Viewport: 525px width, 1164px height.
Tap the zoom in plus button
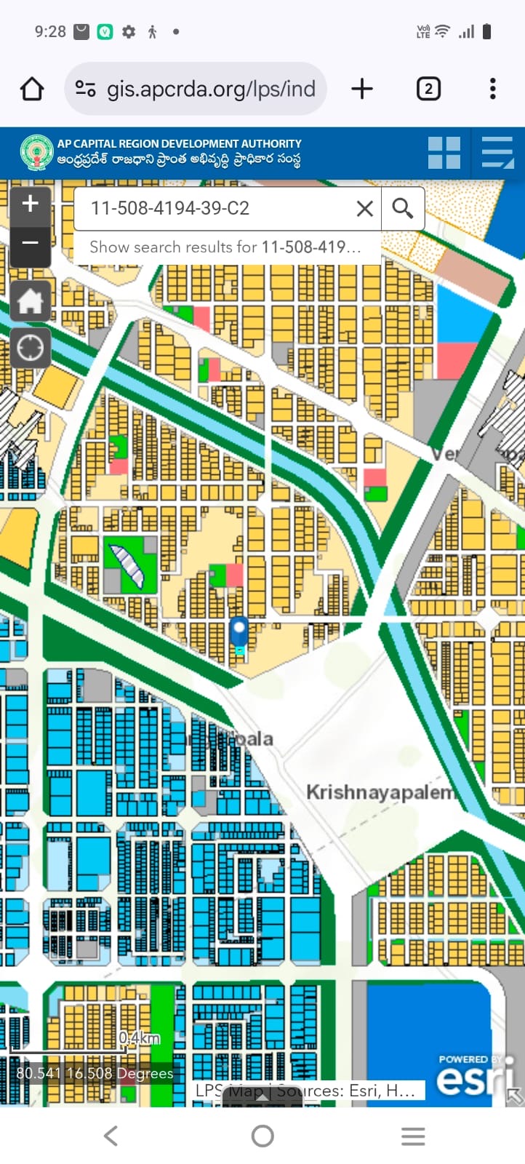pos(30,204)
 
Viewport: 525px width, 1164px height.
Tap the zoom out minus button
pos(30,242)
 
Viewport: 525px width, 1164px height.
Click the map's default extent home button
pos(30,300)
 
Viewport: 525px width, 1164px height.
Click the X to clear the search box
pos(365,209)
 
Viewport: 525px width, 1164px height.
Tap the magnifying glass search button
pos(403,209)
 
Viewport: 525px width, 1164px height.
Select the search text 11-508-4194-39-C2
pos(170,209)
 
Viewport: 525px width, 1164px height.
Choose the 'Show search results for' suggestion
pos(225,247)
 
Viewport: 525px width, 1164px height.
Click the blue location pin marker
pos(239,631)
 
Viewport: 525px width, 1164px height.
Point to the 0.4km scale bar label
pos(139,1037)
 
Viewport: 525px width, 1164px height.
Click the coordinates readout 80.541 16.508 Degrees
pos(95,1073)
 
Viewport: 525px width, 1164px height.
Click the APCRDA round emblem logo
pos(36,153)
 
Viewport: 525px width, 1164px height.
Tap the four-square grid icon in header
pos(444,154)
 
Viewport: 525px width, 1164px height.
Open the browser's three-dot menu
pos(493,89)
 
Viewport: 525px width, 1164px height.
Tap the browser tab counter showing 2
pos(428,89)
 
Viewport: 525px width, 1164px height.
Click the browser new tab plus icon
pos(362,89)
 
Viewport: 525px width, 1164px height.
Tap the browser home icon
pos(32,89)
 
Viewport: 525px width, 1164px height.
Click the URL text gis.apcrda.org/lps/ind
pos(211,89)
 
